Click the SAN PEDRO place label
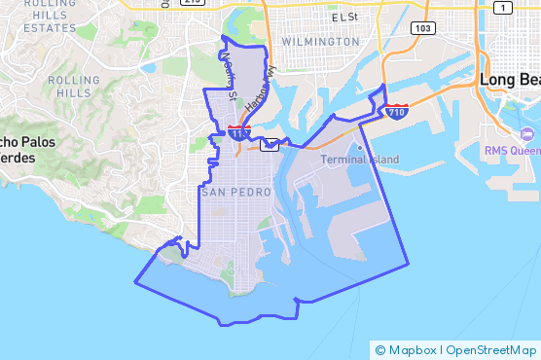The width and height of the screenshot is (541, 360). click(x=235, y=193)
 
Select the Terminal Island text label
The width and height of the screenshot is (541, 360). click(x=354, y=160)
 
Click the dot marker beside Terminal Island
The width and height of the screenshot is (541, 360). click(x=359, y=148)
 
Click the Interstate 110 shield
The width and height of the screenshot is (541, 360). click(x=240, y=130)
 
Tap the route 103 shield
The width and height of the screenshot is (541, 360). click(x=422, y=28)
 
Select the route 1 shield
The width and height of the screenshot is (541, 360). click(x=502, y=8)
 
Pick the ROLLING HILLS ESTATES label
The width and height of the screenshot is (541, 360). click(x=39, y=16)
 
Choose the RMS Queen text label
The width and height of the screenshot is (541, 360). click(x=512, y=151)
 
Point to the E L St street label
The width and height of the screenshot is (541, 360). click(x=344, y=17)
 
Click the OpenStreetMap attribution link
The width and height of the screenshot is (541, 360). click(x=490, y=350)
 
